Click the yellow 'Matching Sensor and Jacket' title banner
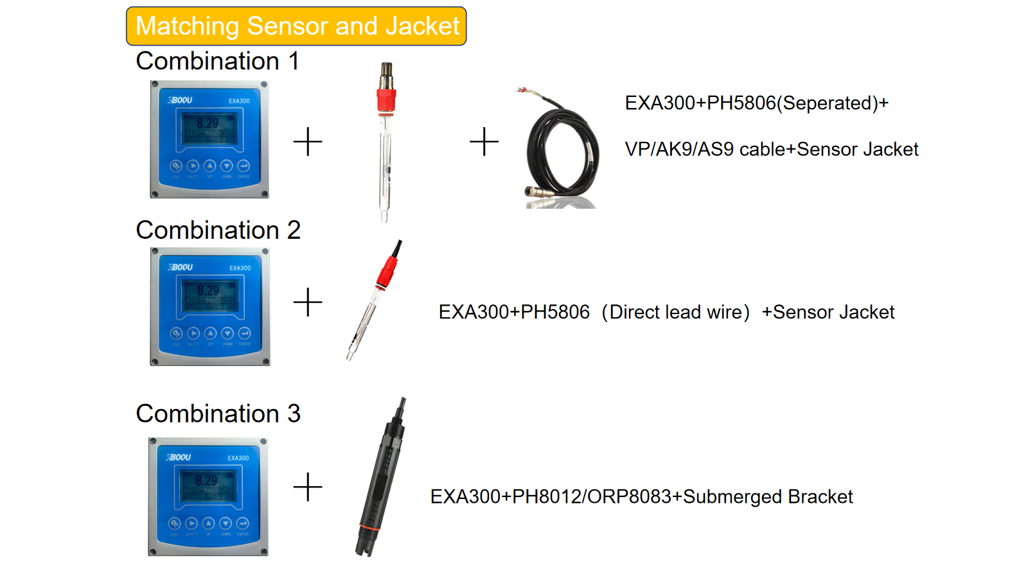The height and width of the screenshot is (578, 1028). coord(296,26)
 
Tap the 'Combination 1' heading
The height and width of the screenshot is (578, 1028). coord(217,61)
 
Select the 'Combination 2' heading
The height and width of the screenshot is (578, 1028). coord(218,230)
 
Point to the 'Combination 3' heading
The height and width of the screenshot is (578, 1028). coord(218,414)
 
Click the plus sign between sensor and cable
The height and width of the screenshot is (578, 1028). coord(484,141)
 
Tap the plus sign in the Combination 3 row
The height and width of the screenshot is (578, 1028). coord(308,487)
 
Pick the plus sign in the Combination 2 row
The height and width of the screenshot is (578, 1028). coord(308,302)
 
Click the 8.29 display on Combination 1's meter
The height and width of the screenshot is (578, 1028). coord(208,123)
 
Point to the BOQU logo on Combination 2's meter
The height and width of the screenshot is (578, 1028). coord(181,267)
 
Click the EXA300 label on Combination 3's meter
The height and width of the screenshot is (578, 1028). coord(238,458)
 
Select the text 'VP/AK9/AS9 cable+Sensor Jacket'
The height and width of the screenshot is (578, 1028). coord(771,150)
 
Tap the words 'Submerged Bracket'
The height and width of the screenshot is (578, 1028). coord(768,497)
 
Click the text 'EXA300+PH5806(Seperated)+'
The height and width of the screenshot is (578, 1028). coord(756,103)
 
